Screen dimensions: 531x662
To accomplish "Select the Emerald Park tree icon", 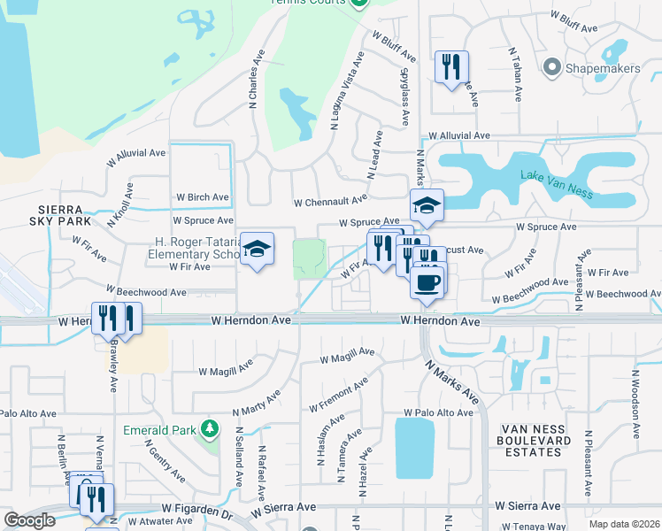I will click(210, 429).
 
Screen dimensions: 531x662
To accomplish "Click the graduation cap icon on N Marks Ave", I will click(427, 206).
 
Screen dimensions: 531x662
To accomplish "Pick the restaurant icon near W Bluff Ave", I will click(451, 67).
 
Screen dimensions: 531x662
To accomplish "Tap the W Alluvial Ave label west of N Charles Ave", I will click(136, 152).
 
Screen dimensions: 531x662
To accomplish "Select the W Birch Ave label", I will click(203, 197).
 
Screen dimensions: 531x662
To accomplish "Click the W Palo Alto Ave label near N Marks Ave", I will click(439, 413).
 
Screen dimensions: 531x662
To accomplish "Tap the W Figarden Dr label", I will click(196, 511).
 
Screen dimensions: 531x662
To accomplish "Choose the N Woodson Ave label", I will click(635, 403).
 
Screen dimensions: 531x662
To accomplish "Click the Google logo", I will click(30, 520).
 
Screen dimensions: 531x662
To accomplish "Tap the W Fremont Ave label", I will click(338, 395).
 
